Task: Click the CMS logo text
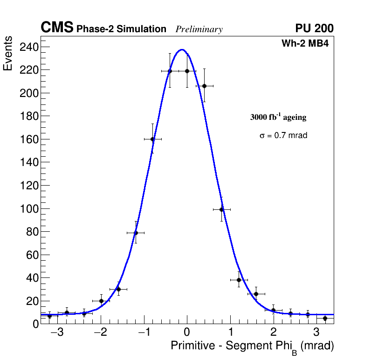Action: coord(57,28)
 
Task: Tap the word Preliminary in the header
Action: coord(199,29)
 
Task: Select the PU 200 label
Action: coord(314,28)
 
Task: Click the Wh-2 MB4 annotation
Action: coord(307,44)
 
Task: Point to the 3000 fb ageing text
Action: coord(278,117)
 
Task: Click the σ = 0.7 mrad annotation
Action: coord(283,136)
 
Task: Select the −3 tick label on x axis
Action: coord(57,332)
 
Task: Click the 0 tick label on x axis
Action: coord(187,332)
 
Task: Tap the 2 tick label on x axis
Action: coord(273,332)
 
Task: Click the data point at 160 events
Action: coord(152,139)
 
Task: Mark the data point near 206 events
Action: coord(204,86)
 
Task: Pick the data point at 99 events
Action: coord(222,209)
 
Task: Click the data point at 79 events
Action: coord(136,233)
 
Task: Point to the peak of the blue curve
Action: coord(182,49)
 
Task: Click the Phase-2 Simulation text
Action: coord(121,29)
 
